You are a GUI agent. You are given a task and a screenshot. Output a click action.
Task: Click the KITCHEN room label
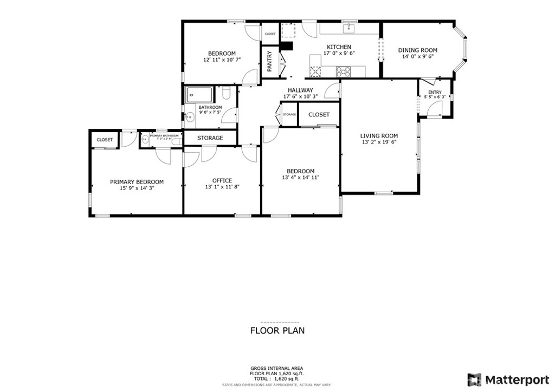(339, 47)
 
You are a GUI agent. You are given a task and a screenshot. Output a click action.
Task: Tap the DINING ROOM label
(417, 50)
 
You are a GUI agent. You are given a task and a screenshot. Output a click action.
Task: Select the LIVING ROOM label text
(379, 136)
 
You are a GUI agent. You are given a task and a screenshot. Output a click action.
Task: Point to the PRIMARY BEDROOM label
(137, 182)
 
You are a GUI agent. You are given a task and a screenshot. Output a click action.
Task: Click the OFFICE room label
(222, 180)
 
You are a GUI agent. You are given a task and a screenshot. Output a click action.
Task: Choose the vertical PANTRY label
(269, 62)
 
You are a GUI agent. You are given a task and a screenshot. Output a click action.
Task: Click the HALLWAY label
(300, 90)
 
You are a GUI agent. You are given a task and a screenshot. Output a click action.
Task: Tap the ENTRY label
(435, 93)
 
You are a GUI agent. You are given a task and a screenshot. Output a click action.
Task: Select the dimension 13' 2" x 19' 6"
(379, 142)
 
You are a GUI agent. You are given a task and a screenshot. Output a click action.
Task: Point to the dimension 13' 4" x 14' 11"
(301, 177)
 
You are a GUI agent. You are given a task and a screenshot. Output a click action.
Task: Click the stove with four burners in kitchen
(343, 70)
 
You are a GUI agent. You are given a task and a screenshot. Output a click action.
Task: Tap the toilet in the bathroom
(227, 94)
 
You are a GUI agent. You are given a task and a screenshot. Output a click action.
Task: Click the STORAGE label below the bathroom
(210, 138)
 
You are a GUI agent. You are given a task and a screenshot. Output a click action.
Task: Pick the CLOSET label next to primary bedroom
(105, 140)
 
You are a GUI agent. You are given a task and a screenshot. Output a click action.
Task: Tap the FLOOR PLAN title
(277, 330)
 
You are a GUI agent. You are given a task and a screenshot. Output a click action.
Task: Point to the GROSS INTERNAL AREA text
(277, 368)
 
